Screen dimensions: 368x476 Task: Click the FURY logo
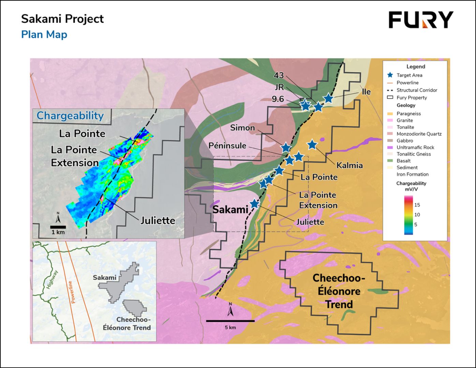point(421,20)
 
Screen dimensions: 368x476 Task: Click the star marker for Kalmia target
point(312,145)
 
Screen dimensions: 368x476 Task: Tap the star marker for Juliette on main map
point(254,203)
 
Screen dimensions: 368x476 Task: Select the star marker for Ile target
point(328,98)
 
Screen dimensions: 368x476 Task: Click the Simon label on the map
point(242,128)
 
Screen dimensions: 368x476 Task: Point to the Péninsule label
point(227,145)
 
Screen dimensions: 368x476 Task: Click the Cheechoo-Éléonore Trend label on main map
point(339,291)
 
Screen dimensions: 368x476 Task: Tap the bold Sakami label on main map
point(230,209)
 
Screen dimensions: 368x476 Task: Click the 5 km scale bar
point(230,321)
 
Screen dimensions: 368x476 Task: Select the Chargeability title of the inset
point(70,116)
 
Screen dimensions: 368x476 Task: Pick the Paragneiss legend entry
point(408,113)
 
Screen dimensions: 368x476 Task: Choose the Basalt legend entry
point(403,161)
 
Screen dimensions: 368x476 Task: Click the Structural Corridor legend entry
point(417,90)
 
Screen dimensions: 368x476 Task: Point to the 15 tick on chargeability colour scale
point(417,205)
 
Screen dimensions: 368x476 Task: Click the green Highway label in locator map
point(52,279)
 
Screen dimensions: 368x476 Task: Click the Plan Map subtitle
point(44,35)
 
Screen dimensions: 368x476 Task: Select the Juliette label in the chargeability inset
point(158,220)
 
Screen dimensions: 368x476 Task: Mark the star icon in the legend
point(390,75)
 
